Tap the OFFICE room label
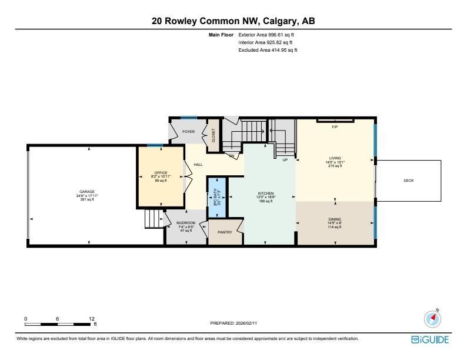(x=161, y=173)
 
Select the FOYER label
(x=188, y=132)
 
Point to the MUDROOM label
(x=186, y=223)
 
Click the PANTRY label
(x=225, y=232)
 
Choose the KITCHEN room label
(x=266, y=194)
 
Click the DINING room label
(x=335, y=219)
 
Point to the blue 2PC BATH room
(x=217, y=195)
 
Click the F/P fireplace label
(x=335, y=127)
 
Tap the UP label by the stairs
(x=285, y=159)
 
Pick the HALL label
(x=198, y=165)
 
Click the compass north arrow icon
(x=432, y=318)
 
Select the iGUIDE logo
(x=430, y=340)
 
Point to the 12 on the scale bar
(x=91, y=318)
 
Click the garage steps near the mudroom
(x=154, y=220)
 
